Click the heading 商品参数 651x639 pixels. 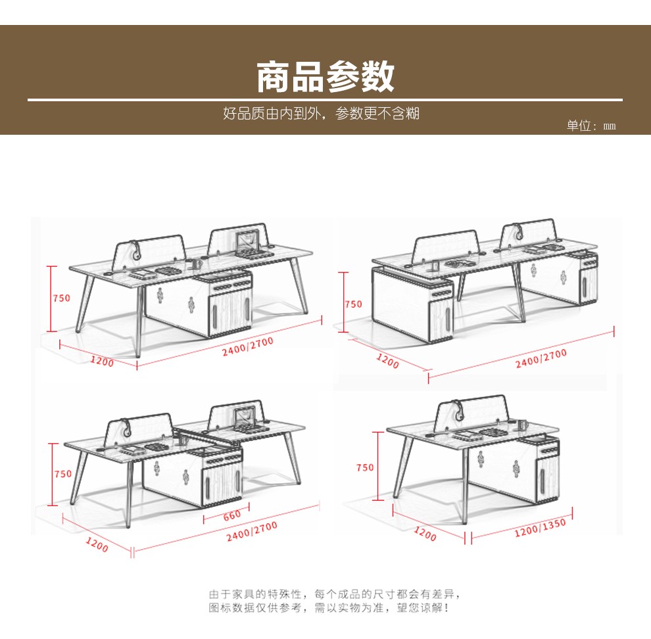pyautogui.click(x=325, y=77)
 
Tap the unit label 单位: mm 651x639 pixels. pyautogui.click(x=591, y=126)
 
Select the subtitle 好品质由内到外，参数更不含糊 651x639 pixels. pyautogui.click(x=321, y=114)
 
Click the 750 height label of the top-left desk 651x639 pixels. pyautogui.click(x=61, y=298)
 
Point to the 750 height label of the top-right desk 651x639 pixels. pyautogui.click(x=353, y=304)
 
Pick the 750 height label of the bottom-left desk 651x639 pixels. pyautogui.click(x=63, y=473)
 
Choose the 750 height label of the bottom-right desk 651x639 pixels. pyautogui.click(x=365, y=467)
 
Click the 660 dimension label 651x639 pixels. pyautogui.click(x=231, y=515)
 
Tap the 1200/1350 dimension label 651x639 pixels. pyautogui.click(x=539, y=527)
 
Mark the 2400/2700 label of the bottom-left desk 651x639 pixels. pyautogui.click(x=251, y=531)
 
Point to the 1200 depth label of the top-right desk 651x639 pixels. pyautogui.click(x=388, y=360)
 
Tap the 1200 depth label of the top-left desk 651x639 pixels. pyautogui.click(x=101, y=362)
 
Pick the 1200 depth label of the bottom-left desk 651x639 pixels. pyautogui.click(x=97, y=545)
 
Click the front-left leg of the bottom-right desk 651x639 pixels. pyautogui.click(x=403, y=467)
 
